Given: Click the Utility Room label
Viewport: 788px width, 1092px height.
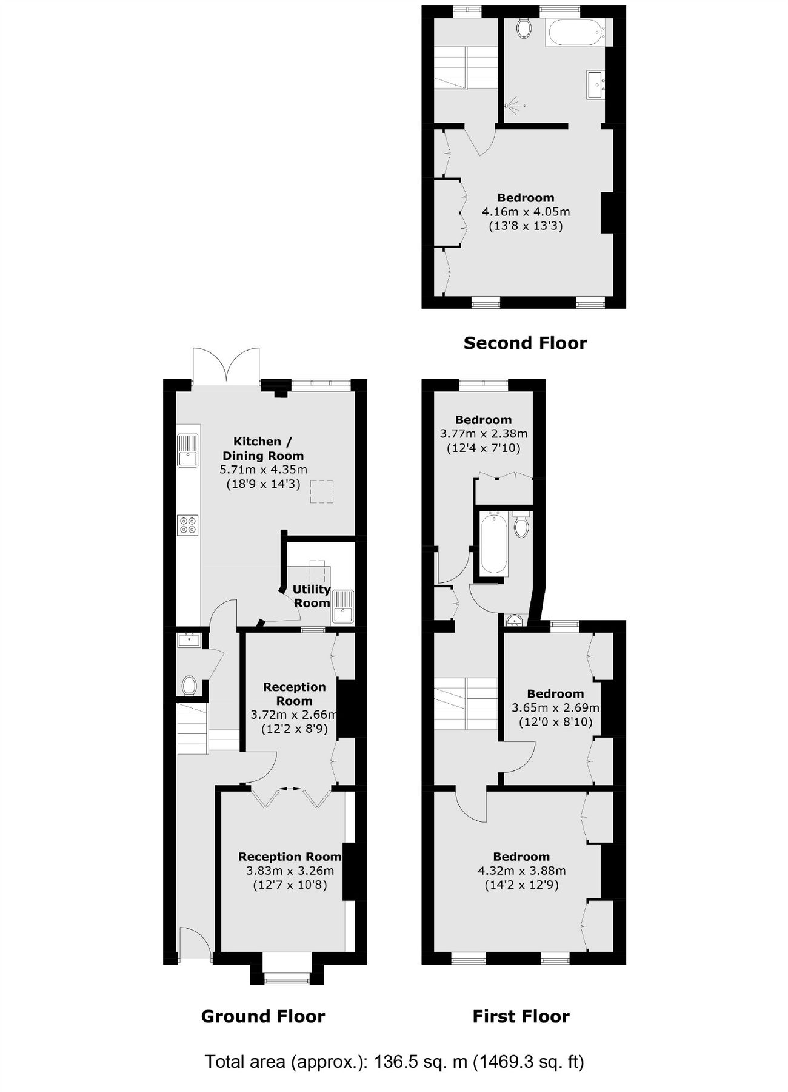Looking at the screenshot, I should point(312,596).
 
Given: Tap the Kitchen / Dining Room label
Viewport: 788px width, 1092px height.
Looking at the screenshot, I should point(262,448).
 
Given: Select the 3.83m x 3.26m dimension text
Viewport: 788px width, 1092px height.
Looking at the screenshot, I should point(290,871).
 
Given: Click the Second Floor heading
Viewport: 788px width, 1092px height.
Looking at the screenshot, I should point(525,343).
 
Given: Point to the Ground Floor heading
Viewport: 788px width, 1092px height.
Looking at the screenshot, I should point(262,1016).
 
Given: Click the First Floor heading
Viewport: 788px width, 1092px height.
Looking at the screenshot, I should point(521,1016).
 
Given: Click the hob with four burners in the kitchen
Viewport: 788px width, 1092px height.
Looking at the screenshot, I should point(188,525).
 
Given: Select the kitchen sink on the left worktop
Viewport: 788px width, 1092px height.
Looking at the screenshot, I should point(188,451).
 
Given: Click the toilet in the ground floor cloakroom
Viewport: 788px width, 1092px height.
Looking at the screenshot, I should point(189,686).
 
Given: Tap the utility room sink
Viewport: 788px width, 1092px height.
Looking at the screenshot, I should point(343,606).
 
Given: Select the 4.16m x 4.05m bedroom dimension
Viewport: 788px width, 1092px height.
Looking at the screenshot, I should point(526,212).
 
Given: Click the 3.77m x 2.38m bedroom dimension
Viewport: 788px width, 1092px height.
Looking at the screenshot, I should point(483,434).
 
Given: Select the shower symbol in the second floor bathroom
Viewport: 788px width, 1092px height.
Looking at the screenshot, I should point(515,106).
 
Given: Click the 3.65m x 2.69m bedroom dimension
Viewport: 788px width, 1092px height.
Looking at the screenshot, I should point(555,708).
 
